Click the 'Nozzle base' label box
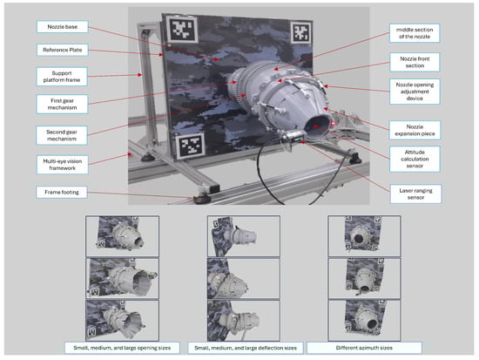tap(63, 27)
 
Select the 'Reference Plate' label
tap(63, 50)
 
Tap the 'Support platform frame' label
tap(62, 77)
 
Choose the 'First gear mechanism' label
tap(62, 104)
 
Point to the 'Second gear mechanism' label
tap(62, 135)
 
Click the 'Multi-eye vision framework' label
tap(63, 165)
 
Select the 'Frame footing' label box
tap(62, 192)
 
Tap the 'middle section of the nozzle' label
tap(415, 33)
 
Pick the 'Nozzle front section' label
tap(415, 62)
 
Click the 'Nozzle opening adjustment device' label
tap(415, 92)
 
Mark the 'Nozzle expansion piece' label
tap(415, 130)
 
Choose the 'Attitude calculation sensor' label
tap(415, 159)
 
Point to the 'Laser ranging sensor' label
tap(415, 194)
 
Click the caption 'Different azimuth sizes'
tap(364, 348)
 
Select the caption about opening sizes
tap(122, 348)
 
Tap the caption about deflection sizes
tap(246, 348)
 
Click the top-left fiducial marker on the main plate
tap(181, 30)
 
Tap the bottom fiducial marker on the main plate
tap(191, 146)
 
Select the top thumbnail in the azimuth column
tap(364, 236)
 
